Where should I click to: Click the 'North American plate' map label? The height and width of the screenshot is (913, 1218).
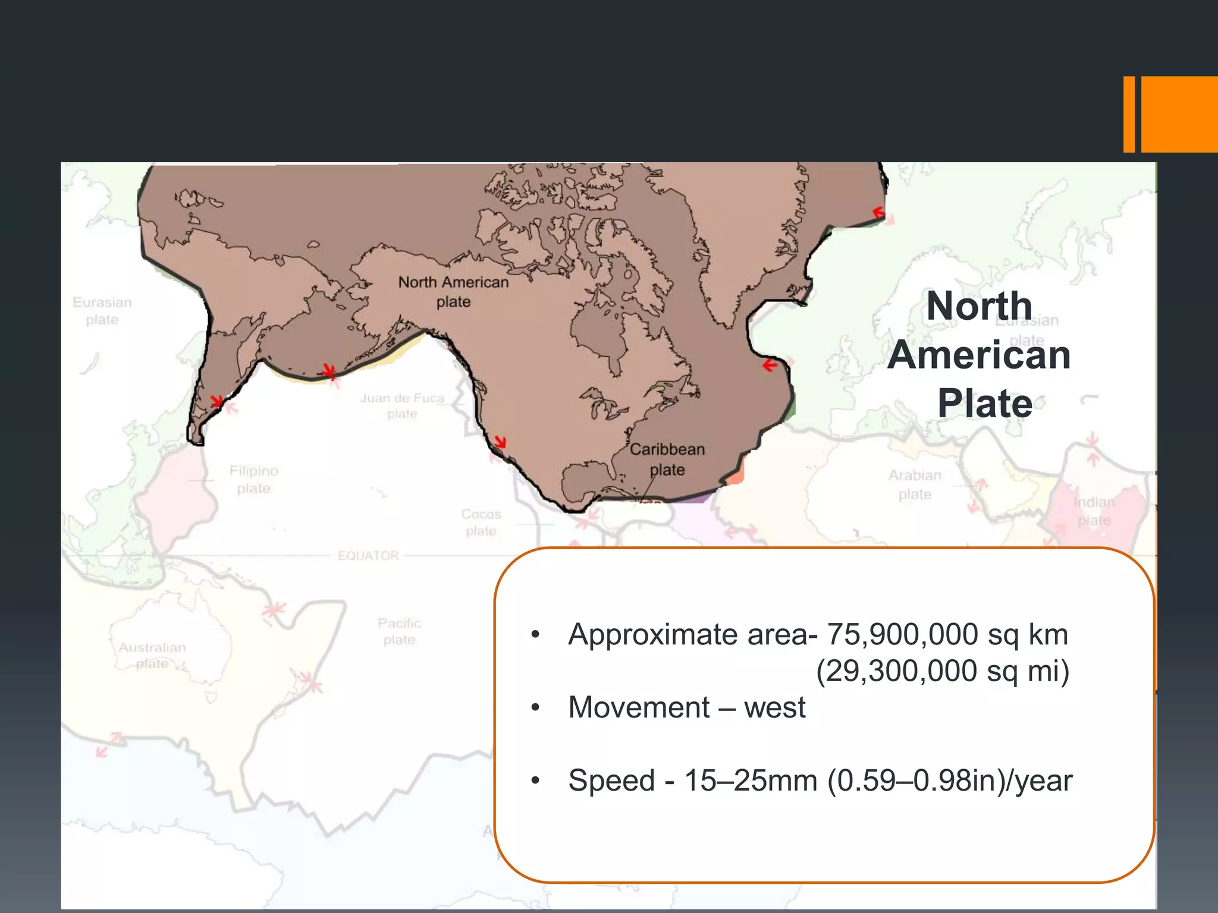tap(453, 291)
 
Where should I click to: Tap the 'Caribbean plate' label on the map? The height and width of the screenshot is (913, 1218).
tap(667, 459)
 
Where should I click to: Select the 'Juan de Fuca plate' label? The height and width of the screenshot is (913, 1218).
tap(402, 405)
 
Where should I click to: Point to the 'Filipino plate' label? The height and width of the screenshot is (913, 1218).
tap(254, 479)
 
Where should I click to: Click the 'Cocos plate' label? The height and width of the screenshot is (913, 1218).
tap(481, 522)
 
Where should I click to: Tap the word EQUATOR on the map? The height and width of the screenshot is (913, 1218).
tap(368, 556)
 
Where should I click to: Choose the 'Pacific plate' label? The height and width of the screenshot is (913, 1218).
tap(399, 631)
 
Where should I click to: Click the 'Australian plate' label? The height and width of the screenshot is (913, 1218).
tap(152, 654)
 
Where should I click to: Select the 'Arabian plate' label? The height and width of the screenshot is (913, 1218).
tap(915, 484)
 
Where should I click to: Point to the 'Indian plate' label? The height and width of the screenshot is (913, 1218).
tap(1094, 511)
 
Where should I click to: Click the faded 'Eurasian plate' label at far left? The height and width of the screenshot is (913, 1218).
tap(102, 310)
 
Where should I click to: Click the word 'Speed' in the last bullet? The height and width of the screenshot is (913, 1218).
tap(611, 780)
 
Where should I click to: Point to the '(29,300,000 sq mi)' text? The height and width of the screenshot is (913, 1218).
tap(943, 671)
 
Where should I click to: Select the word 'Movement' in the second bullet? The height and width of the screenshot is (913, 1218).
tap(639, 707)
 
